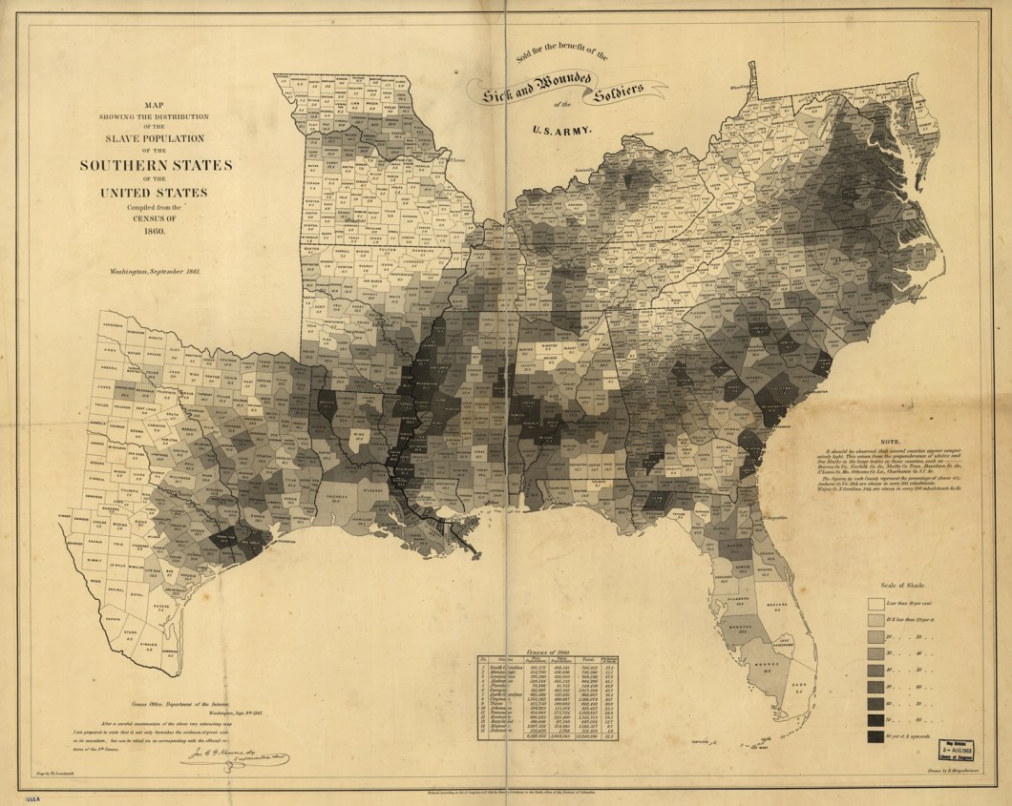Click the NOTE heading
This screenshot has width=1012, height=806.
(890, 442)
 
